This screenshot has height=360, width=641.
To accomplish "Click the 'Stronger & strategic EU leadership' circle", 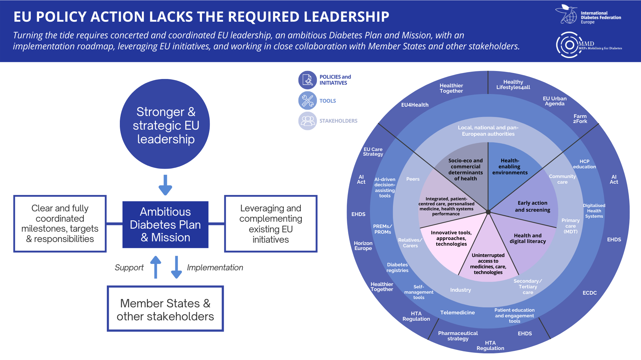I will pyautogui.click(x=165, y=124).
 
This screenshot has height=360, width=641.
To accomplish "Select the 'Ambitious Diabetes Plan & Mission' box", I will pyautogui.click(x=165, y=224).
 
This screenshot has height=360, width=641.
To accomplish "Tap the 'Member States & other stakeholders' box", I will pyautogui.click(x=165, y=309).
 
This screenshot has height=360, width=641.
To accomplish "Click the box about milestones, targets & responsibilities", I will pyautogui.click(x=60, y=224).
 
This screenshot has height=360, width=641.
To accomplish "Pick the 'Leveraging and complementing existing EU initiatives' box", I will pyautogui.click(x=271, y=224).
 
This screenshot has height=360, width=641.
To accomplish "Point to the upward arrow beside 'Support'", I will pyautogui.click(x=156, y=267).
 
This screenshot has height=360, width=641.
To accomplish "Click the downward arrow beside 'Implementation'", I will pyautogui.click(x=176, y=267).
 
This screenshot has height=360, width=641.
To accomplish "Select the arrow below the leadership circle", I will pyautogui.click(x=165, y=185).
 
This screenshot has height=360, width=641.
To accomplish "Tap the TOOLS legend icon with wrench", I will pyautogui.click(x=307, y=101).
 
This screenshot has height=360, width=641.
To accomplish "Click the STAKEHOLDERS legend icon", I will pyautogui.click(x=307, y=121).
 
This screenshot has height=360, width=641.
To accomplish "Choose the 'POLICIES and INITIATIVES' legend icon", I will pyautogui.click(x=307, y=80).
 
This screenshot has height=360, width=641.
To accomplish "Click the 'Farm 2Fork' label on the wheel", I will pyautogui.click(x=580, y=119).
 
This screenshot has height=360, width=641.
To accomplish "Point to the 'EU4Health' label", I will pyautogui.click(x=415, y=105).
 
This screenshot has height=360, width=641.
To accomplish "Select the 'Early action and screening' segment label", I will pyautogui.click(x=532, y=206).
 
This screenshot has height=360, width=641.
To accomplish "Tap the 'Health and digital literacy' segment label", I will pyautogui.click(x=527, y=238).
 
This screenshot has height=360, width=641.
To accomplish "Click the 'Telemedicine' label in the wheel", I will pyautogui.click(x=457, y=313).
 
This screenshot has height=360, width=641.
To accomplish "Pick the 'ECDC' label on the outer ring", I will pyautogui.click(x=590, y=293).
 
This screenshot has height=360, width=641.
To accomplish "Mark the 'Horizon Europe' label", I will pyautogui.click(x=363, y=246).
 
